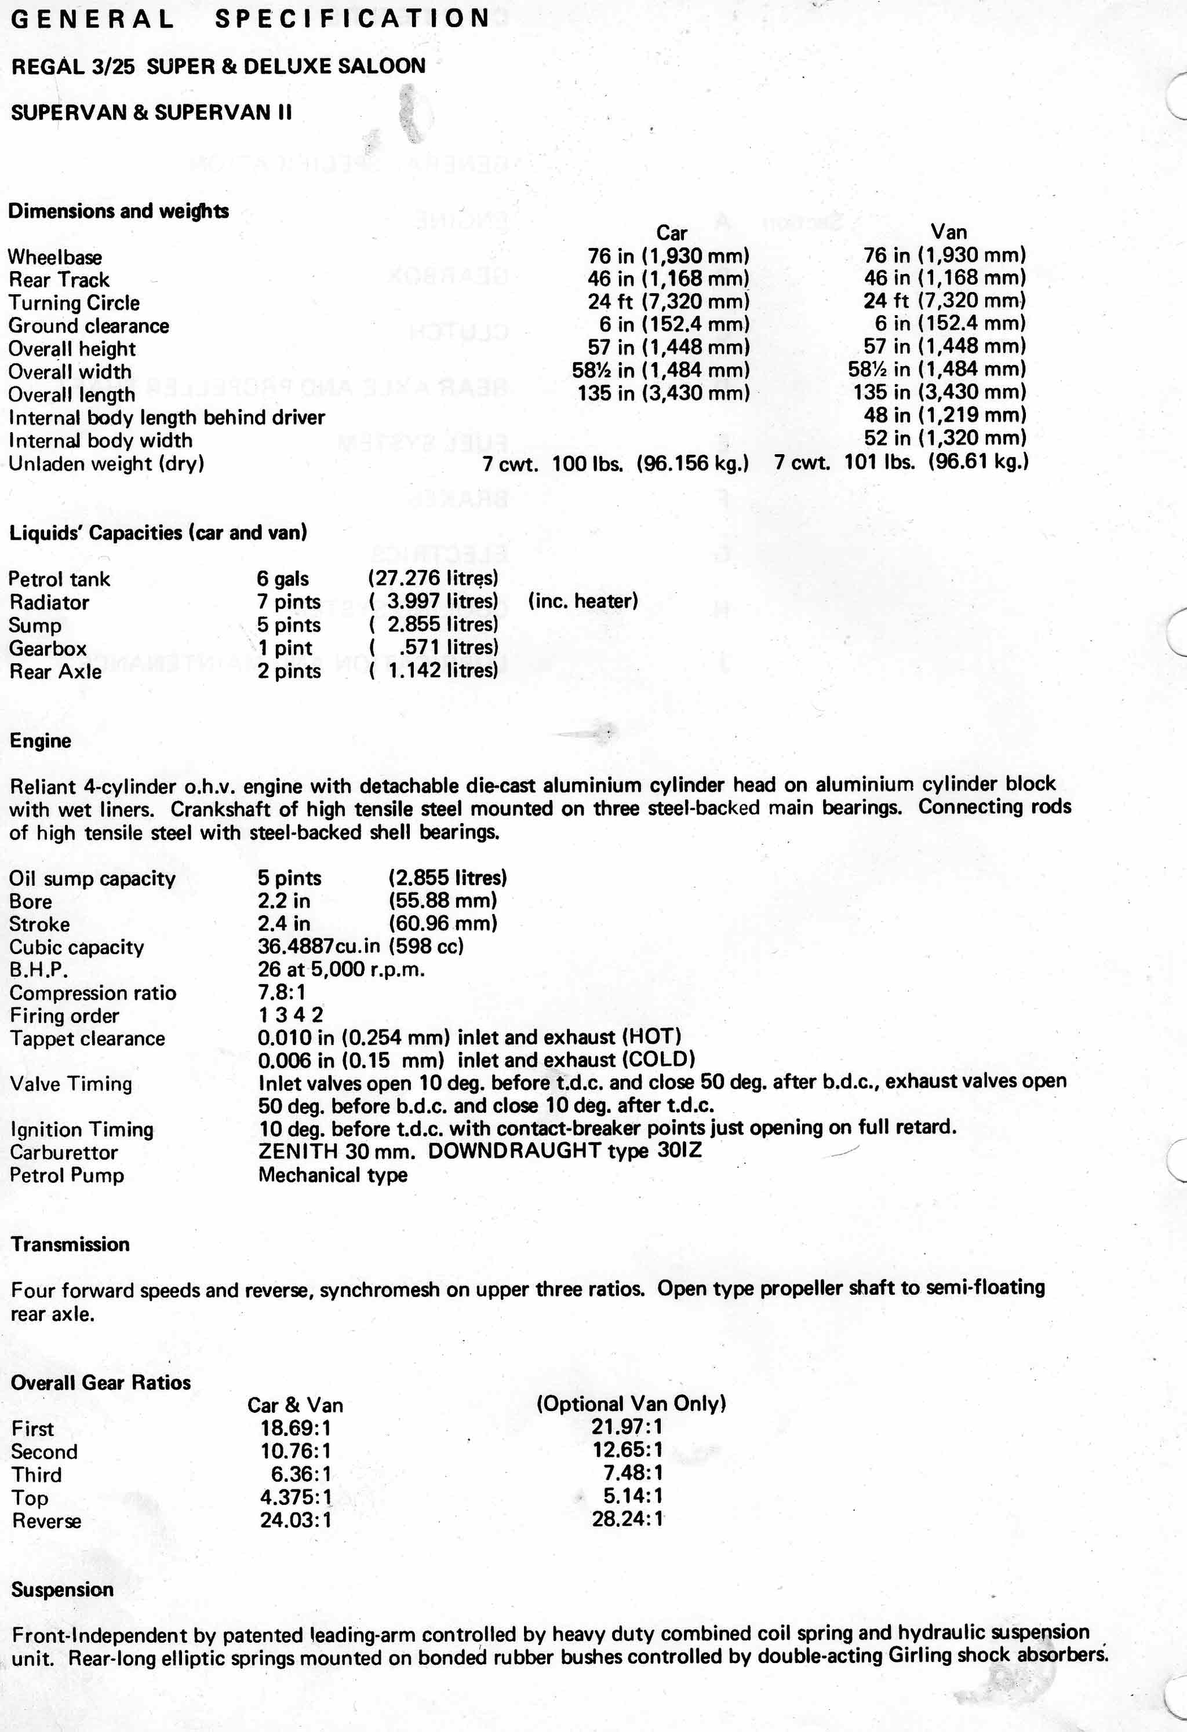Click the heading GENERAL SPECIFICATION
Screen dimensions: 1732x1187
click(x=250, y=19)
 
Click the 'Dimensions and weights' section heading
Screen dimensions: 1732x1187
click(x=119, y=211)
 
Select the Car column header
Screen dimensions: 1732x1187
click(x=671, y=233)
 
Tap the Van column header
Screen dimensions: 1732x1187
click(x=948, y=232)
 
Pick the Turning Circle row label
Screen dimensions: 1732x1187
click(x=74, y=302)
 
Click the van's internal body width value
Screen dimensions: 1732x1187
click(x=945, y=439)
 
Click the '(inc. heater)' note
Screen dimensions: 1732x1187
click(x=582, y=601)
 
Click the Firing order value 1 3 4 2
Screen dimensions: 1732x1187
click(x=291, y=1014)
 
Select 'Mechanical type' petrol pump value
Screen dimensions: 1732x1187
click(x=333, y=1175)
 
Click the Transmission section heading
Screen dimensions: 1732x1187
click(x=70, y=1245)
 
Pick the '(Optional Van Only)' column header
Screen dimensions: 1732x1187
click(x=631, y=1404)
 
